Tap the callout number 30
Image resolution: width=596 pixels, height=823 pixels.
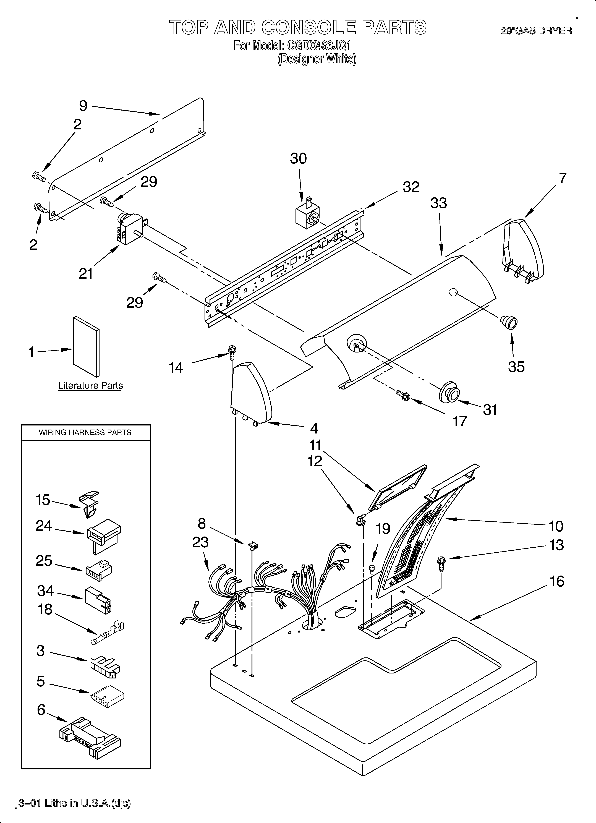tap(298, 159)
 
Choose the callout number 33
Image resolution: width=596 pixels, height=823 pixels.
tap(438, 203)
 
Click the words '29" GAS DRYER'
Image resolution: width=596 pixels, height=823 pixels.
tap(537, 31)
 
